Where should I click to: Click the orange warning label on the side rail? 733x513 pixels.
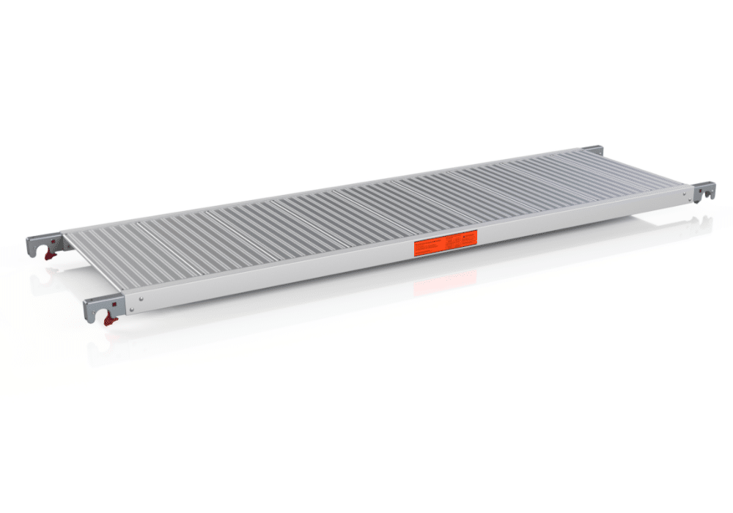[446, 243]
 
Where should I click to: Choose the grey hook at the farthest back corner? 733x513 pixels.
[592, 151]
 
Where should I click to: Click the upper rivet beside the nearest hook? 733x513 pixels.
[141, 298]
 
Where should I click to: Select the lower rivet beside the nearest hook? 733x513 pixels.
[133, 311]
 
